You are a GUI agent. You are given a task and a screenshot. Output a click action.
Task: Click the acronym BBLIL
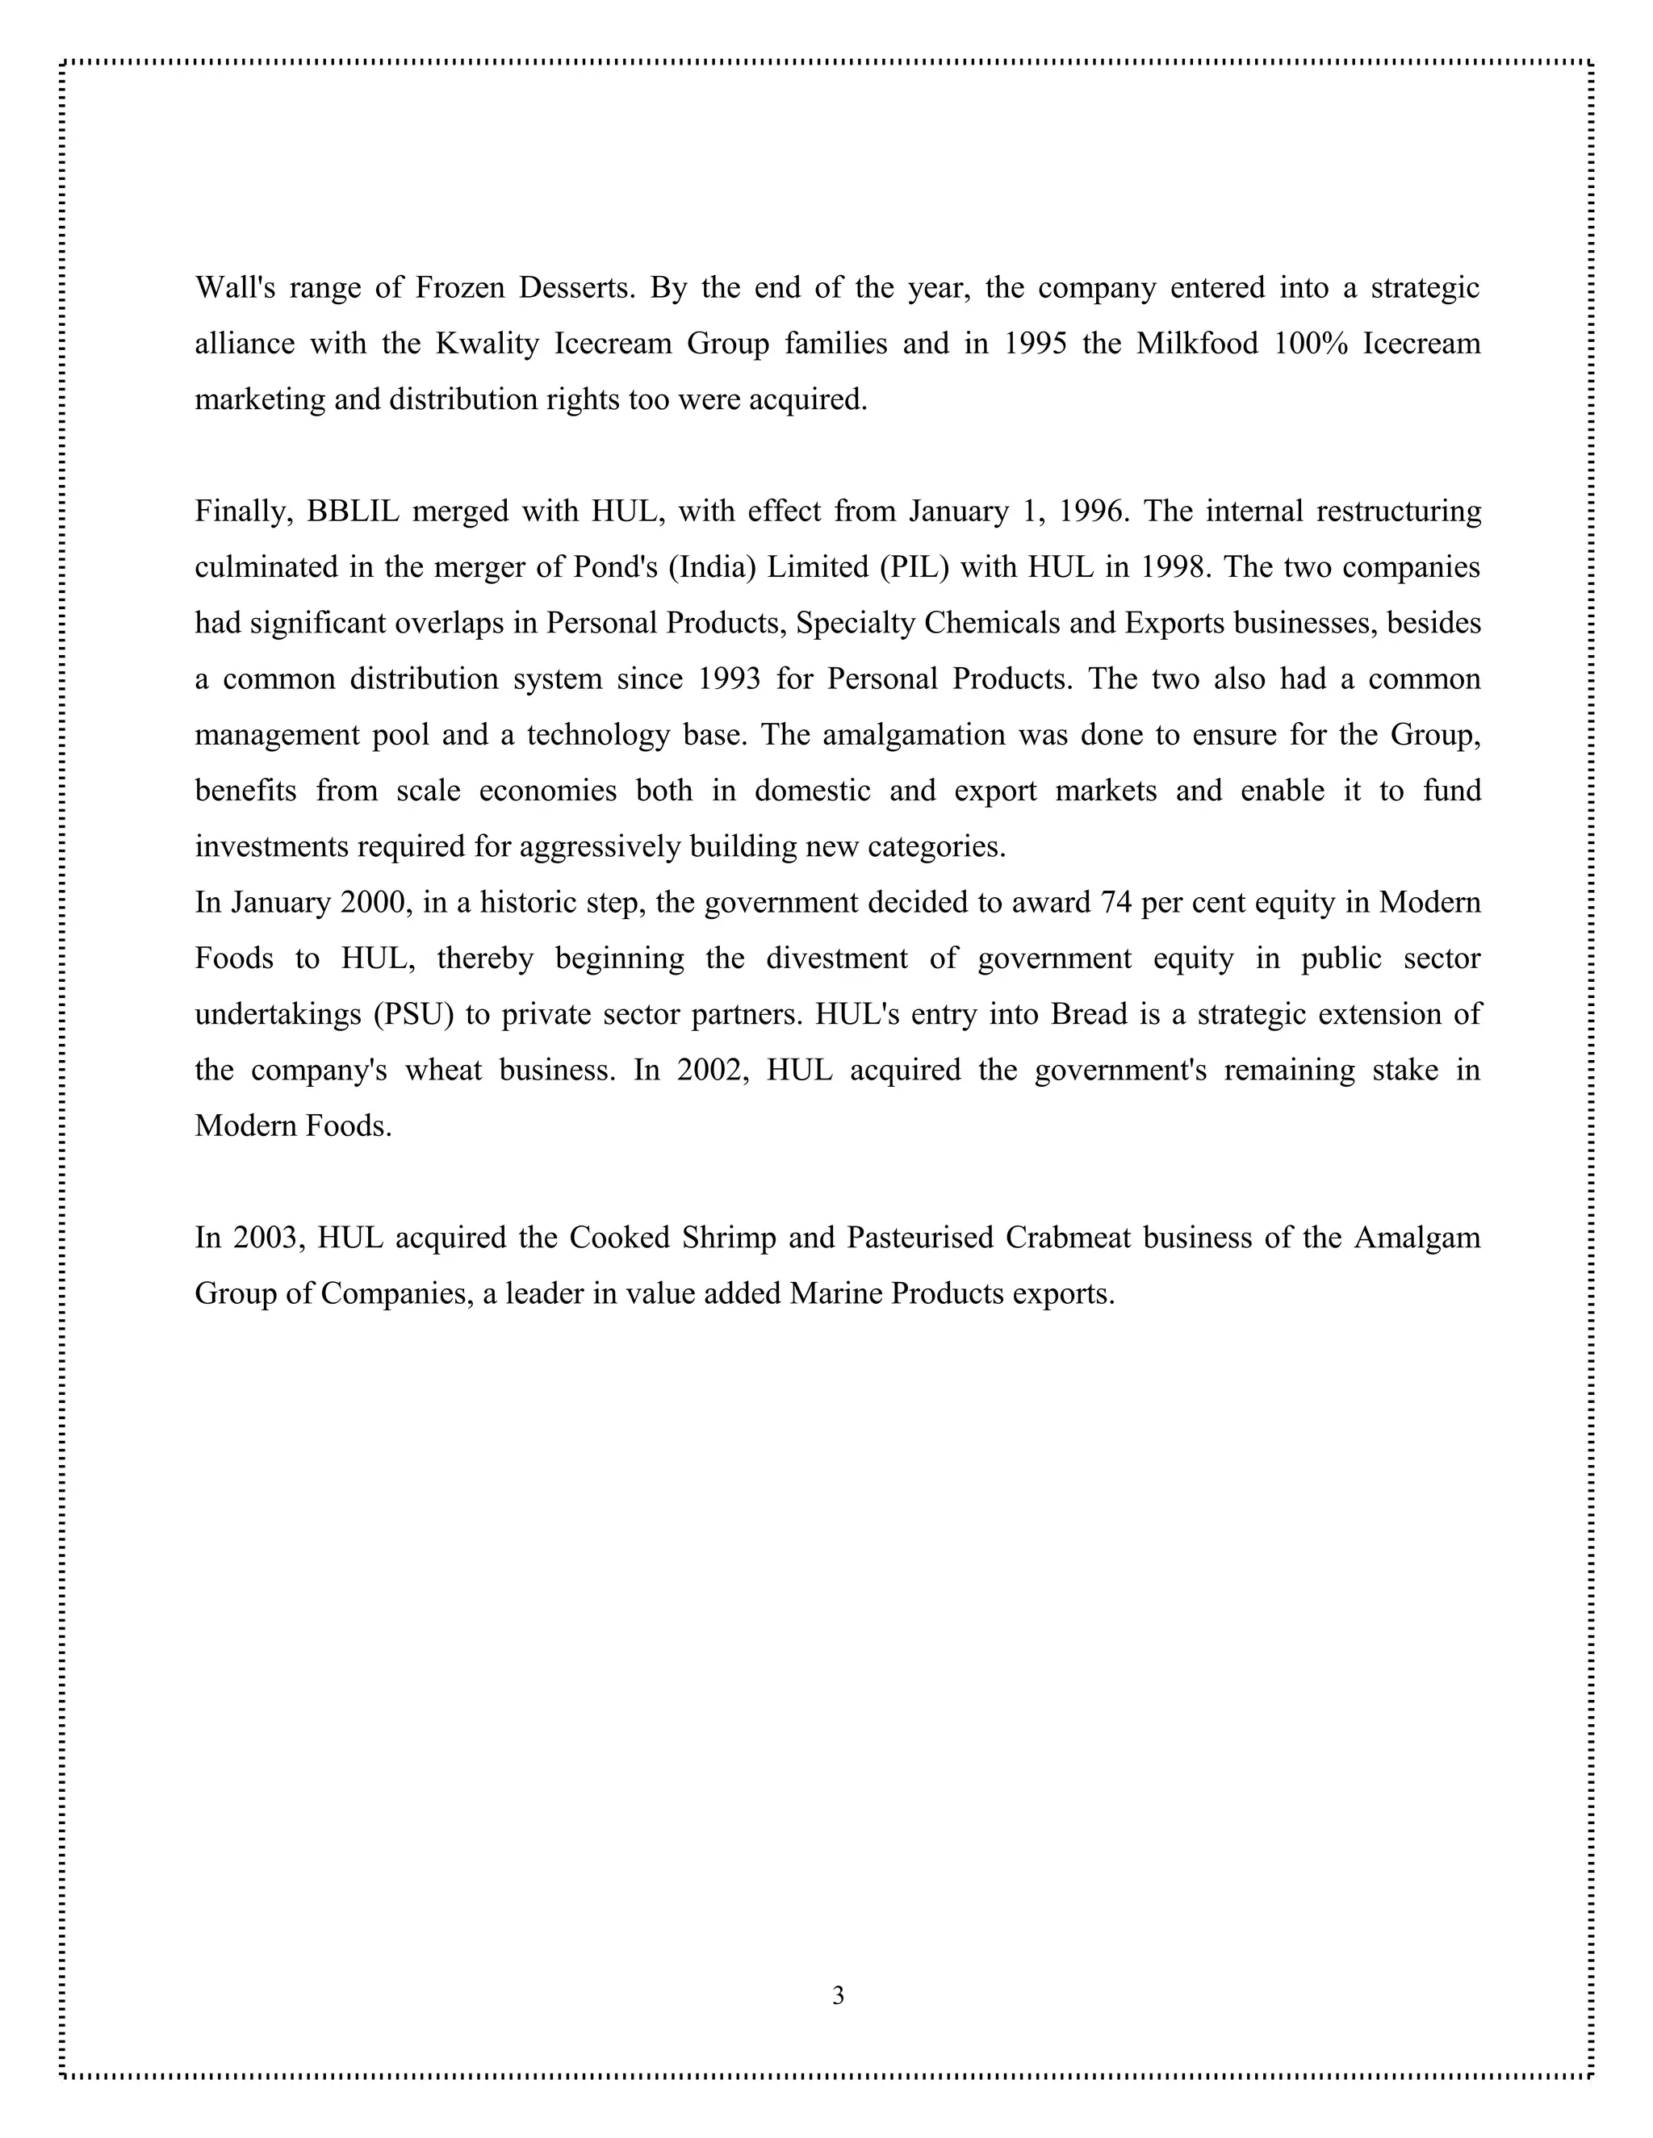click(353, 511)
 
